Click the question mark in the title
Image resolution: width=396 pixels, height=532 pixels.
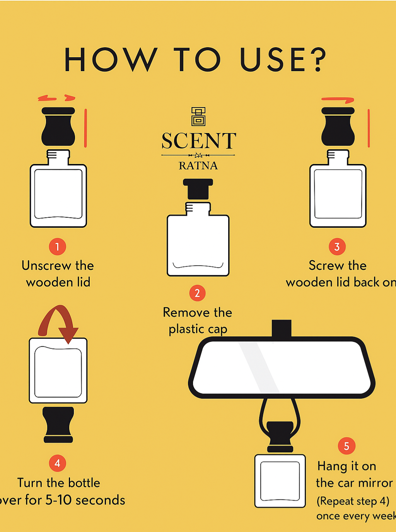click(317, 59)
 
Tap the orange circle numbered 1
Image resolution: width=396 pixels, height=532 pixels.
click(57, 247)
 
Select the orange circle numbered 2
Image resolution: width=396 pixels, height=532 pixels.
click(197, 293)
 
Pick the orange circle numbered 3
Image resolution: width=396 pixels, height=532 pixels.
click(337, 247)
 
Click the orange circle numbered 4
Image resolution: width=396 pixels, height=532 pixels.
click(57, 463)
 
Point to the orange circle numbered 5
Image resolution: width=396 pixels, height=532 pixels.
click(346, 446)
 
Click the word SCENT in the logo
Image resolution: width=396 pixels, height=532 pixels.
click(199, 141)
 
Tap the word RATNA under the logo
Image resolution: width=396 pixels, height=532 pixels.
click(198, 166)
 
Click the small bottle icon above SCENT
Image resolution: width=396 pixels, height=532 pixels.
click(198, 117)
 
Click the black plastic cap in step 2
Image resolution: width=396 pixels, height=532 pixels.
click(198, 189)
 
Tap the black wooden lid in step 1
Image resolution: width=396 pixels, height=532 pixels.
click(58, 126)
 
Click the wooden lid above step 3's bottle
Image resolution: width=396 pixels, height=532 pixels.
click(338, 126)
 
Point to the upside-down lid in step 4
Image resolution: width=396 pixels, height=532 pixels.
click(58, 425)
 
